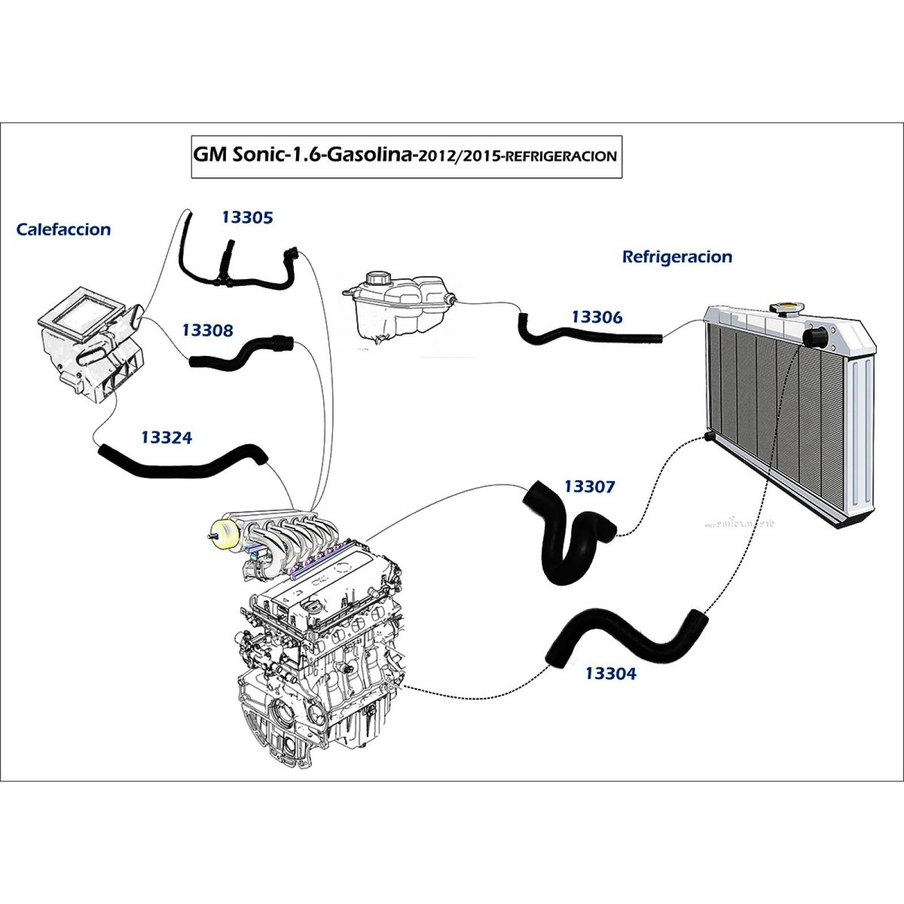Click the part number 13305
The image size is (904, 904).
click(x=247, y=218)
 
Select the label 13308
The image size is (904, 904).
click(x=207, y=331)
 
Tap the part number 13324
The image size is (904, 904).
click(x=167, y=438)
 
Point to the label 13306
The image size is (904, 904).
click(x=597, y=318)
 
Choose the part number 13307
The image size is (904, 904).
click(x=589, y=486)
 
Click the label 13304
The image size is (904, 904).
click(x=610, y=673)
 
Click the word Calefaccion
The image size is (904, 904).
click(x=63, y=229)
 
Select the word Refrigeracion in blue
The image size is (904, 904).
click(x=677, y=257)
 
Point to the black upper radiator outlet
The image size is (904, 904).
click(x=815, y=338)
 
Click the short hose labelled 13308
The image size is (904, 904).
click(x=240, y=353)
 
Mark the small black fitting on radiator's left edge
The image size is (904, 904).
click(x=709, y=437)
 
